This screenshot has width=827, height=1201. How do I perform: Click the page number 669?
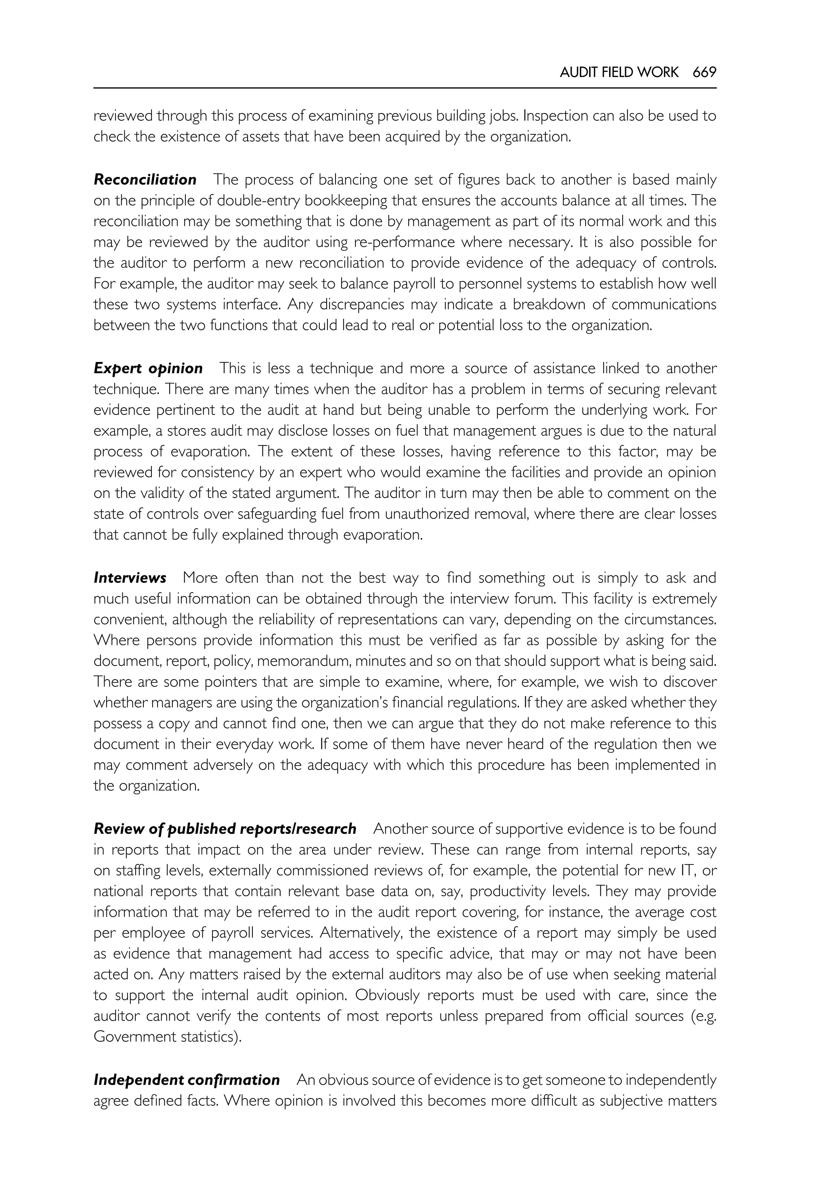point(704,73)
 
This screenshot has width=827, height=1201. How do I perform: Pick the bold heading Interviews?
point(130,577)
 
